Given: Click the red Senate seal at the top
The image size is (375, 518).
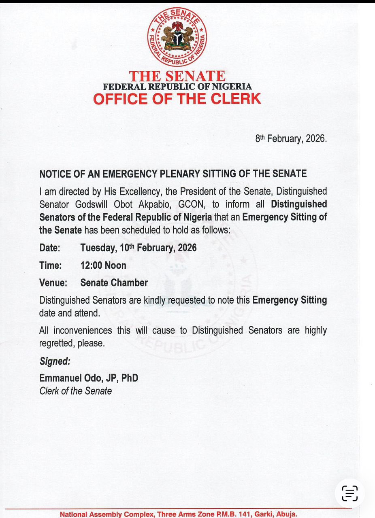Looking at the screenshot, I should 177,37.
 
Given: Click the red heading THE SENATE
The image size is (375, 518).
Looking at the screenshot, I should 177,76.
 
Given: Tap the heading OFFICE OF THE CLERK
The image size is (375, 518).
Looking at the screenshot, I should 177,99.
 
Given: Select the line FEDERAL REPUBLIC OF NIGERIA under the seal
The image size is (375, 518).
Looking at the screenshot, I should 177,87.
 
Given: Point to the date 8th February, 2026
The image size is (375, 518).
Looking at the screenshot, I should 290,138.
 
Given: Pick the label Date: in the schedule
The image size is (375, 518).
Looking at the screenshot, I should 50,248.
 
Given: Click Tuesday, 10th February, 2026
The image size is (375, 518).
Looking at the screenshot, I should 138,248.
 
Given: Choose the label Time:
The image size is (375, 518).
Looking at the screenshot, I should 51,265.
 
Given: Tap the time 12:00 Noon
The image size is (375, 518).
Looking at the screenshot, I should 103,265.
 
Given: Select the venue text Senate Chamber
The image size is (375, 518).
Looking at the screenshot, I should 114,283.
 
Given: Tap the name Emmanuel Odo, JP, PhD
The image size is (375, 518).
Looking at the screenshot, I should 89,378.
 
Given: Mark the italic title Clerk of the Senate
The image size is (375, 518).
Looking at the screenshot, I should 76,391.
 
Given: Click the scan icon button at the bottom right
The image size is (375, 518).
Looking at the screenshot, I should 349,493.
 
